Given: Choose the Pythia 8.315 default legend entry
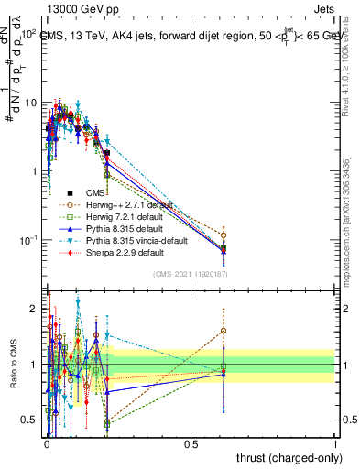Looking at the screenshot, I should pos(109,228).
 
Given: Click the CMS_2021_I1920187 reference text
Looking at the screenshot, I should pos(191,274).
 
